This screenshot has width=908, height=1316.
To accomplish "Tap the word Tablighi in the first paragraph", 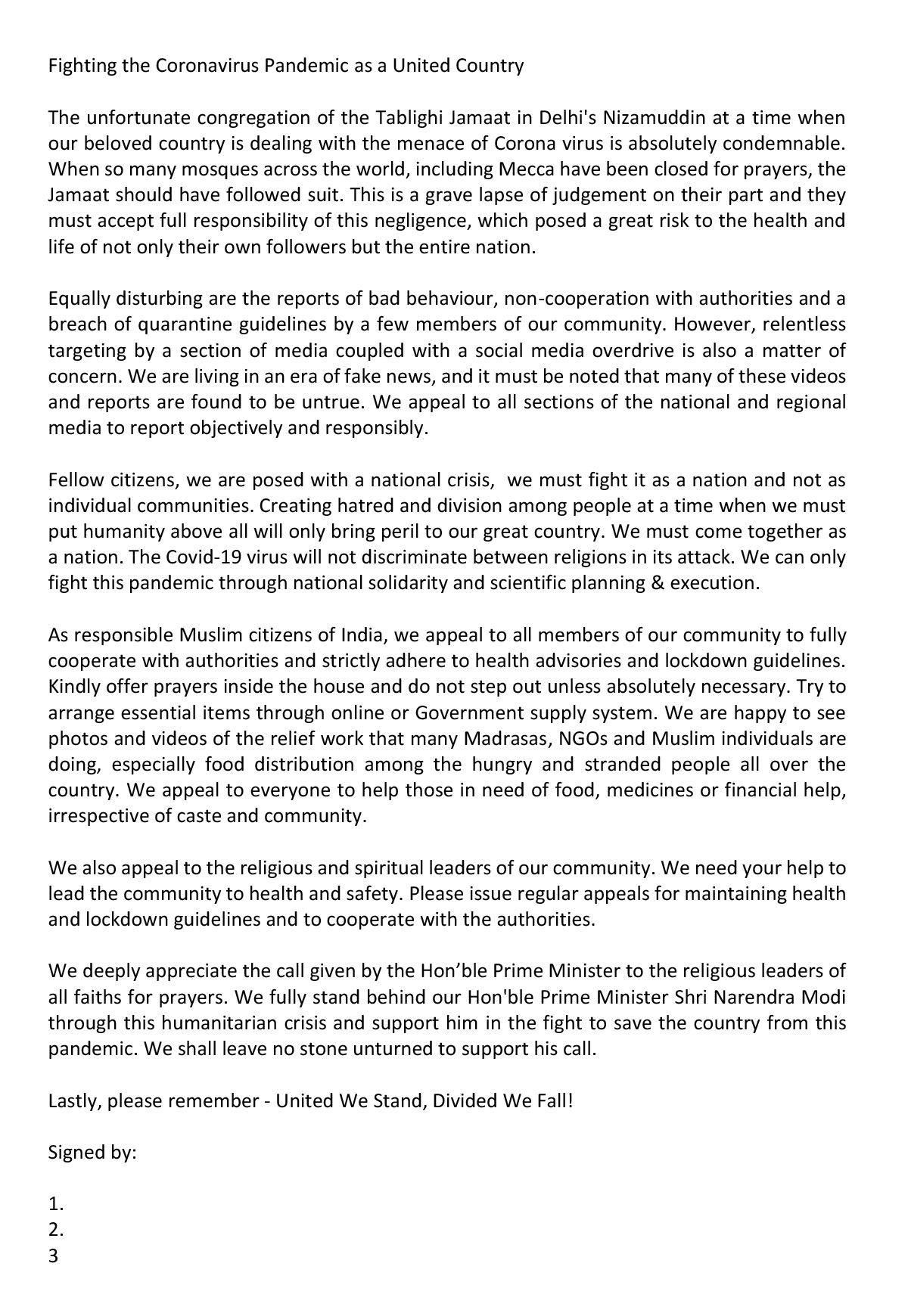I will tap(379, 118).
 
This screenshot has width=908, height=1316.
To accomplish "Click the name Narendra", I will tap(756, 998).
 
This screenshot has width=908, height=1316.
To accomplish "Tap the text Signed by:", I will tap(92, 1153).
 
